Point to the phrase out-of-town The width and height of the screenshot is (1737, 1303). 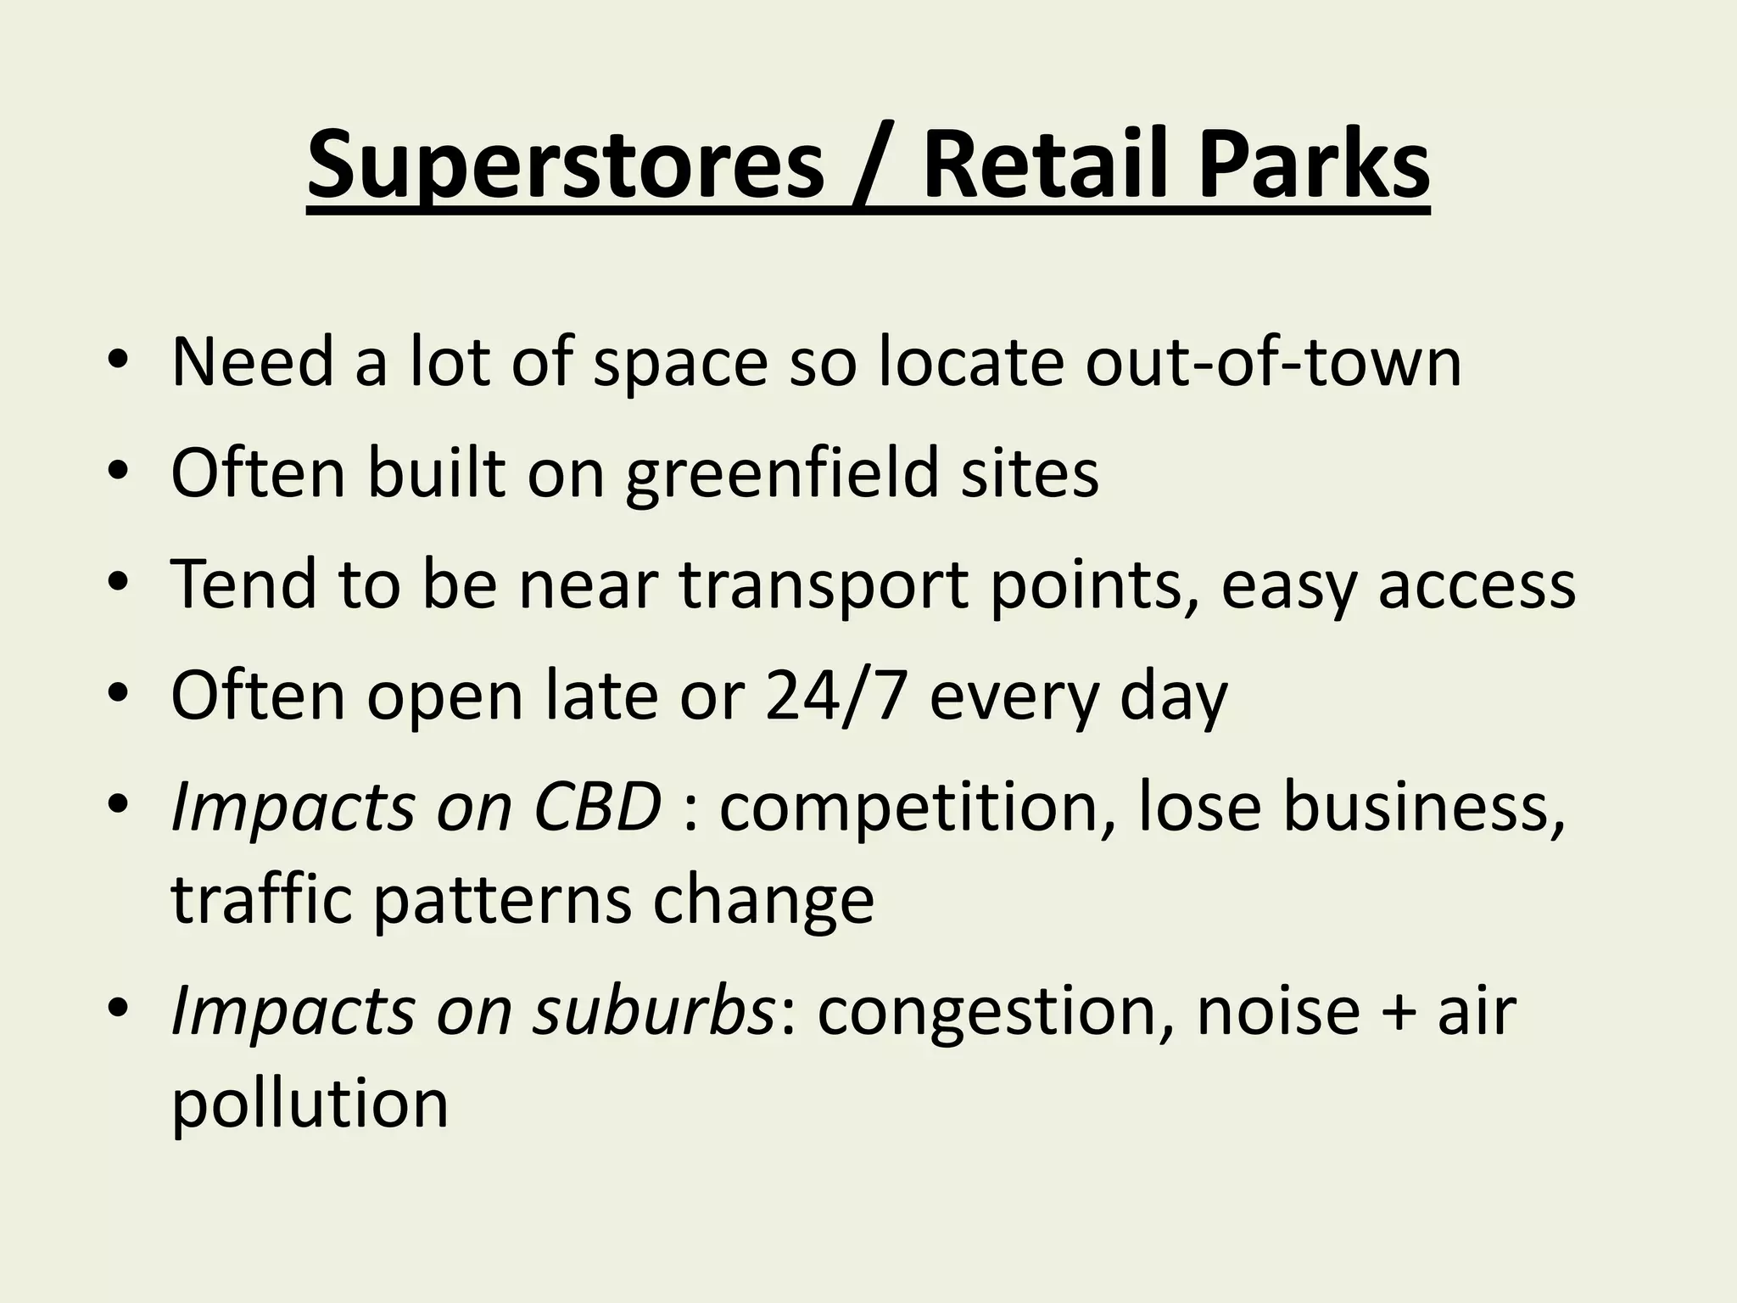click(x=1273, y=362)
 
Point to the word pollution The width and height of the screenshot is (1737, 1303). click(x=310, y=1104)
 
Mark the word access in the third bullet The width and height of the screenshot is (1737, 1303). click(x=1477, y=585)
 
